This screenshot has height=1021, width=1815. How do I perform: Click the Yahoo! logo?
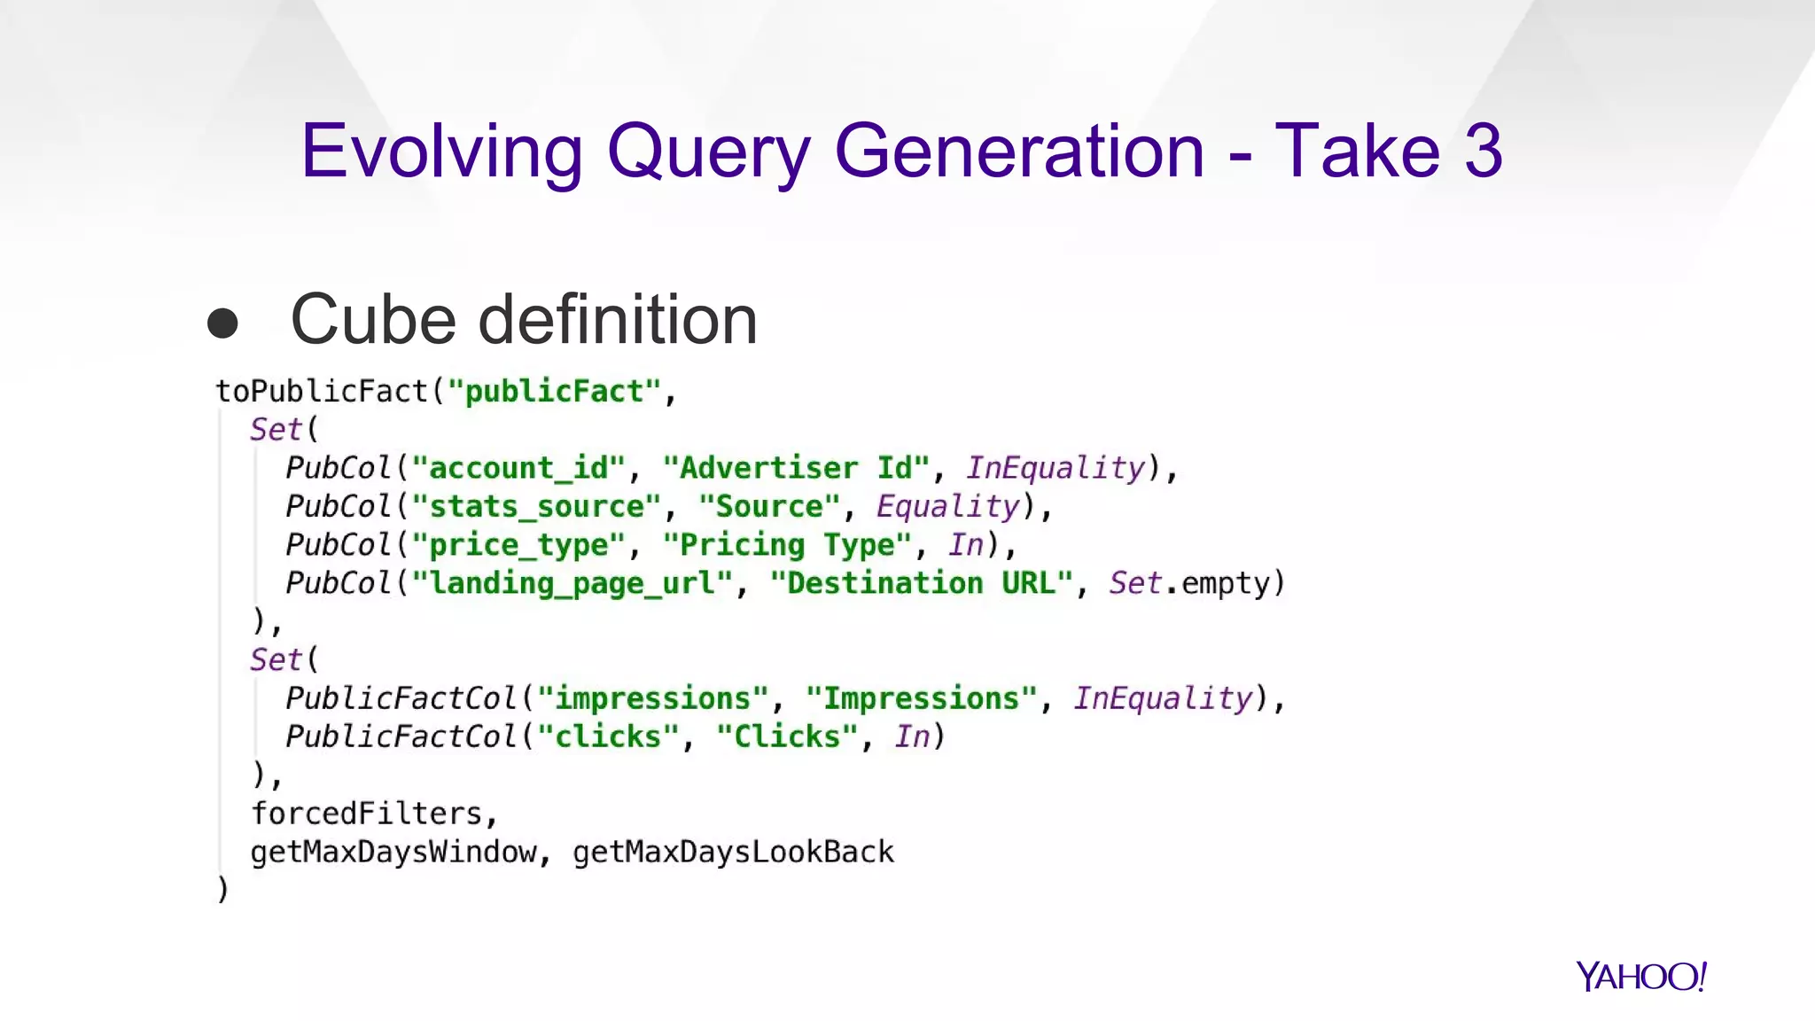pos(1640,976)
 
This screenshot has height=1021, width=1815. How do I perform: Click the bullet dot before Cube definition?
pos(222,323)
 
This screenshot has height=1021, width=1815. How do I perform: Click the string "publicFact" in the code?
pos(554,391)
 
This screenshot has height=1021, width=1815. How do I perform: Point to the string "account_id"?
pos(518,468)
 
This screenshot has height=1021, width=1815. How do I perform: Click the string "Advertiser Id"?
pos(796,468)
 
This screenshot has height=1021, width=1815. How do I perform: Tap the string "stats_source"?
pos(536,506)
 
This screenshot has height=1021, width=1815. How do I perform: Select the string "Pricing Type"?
pos(787,544)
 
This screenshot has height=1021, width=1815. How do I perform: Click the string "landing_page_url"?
pos(573,583)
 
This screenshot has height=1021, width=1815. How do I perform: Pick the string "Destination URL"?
pos(922,583)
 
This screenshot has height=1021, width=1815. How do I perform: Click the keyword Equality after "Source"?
pos(948,506)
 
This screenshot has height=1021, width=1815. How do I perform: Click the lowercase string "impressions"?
pos(652,698)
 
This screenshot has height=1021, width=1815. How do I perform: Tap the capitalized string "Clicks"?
pos(787,737)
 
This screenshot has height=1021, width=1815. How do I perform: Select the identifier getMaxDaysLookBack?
pos(733,852)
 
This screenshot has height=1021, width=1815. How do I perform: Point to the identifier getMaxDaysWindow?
pos(393,852)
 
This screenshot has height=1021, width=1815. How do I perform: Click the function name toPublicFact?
pos(322,391)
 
